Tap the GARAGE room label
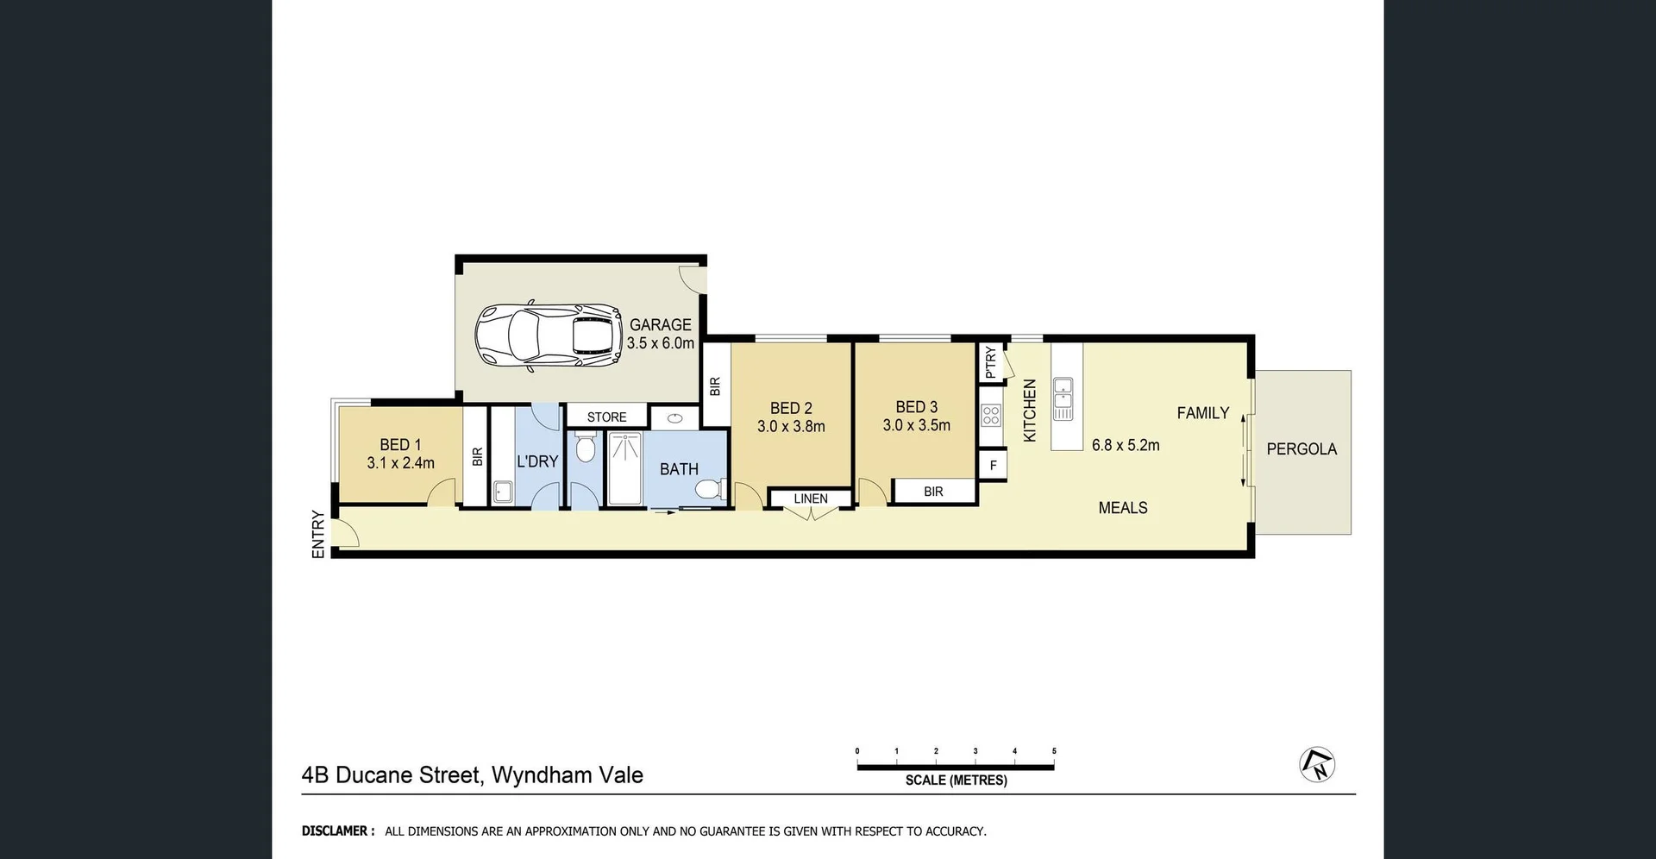tap(660, 325)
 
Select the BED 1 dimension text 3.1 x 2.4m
tap(400, 463)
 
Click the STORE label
tap(606, 417)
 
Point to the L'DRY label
tap(537, 461)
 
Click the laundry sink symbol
tap(503, 492)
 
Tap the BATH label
tap(679, 469)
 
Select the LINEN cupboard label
tap(810, 498)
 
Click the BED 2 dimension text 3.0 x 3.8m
tap(791, 427)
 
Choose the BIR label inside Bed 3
tap(933, 492)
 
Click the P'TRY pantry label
tap(990, 362)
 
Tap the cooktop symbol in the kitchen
tap(991, 416)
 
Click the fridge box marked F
tap(993, 466)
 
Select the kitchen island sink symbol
tap(1063, 398)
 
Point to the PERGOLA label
tap(1302, 449)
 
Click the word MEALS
tap(1122, 508)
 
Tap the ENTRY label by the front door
tap(318, 534)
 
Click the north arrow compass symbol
tap(1317, 764)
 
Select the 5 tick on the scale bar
tap(1054, 751)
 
